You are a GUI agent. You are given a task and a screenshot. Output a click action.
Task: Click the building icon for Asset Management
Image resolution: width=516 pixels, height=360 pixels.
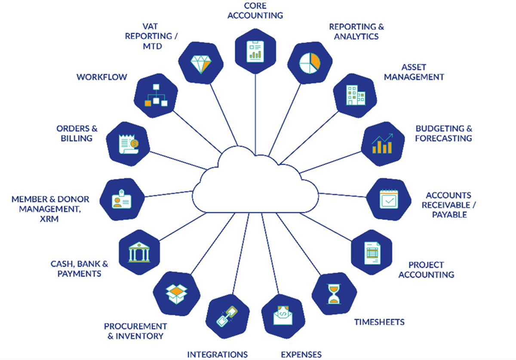point(356,95)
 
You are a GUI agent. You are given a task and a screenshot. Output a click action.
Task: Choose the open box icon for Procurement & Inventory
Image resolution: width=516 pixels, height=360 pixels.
point(177,293)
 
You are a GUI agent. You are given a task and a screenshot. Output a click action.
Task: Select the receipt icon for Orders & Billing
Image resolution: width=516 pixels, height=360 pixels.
point(128,144)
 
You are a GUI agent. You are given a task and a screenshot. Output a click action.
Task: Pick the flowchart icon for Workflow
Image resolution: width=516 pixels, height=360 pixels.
point(156,95)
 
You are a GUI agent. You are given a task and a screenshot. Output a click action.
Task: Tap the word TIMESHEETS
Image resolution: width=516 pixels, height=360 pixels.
point(379,322)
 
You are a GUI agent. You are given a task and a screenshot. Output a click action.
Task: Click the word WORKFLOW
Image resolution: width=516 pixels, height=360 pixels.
point(102,77)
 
